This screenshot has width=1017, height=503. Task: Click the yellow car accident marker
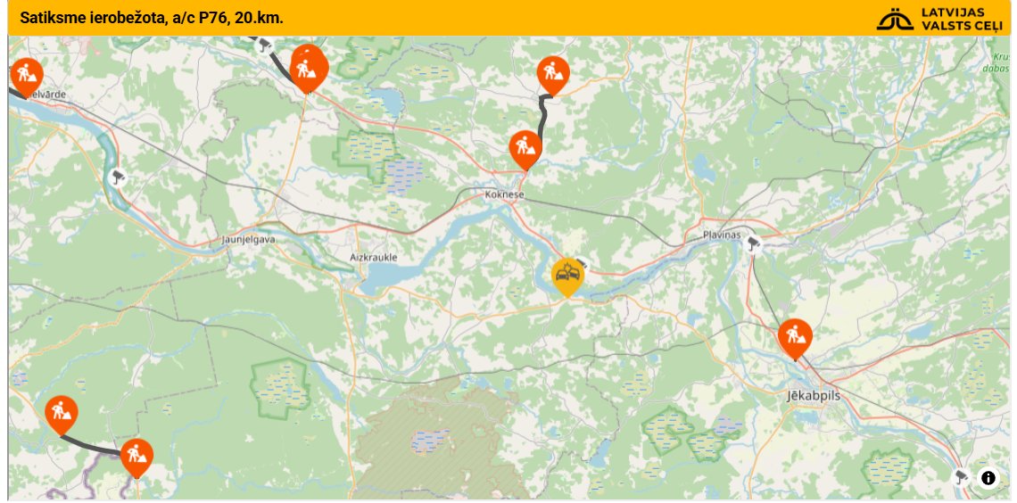[566, 277]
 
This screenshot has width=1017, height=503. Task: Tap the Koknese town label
[504, 194]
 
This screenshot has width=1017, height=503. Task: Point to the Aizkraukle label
[373, 258]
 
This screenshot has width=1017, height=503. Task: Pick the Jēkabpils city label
[814, 394]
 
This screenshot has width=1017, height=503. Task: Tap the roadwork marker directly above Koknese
[525, 148]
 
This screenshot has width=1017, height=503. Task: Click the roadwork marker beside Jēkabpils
[794, 337]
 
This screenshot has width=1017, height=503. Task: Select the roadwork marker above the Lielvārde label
[28, 73]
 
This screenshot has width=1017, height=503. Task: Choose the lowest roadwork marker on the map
[136, 456]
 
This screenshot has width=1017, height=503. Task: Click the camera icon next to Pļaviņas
[754, 243]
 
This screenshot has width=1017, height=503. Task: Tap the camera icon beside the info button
[961, 476]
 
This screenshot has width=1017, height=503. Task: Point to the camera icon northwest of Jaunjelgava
[117, 177]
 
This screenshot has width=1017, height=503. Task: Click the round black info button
[988, 478]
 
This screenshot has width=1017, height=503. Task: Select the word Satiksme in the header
[48, 18]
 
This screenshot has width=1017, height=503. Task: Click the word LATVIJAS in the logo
[953, 12]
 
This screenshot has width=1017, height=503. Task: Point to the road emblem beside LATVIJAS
[895, 19]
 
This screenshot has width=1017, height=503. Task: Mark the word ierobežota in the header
[123, 18]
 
